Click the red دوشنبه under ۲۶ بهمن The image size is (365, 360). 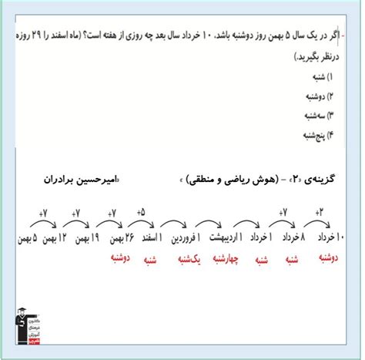pos(116,260)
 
